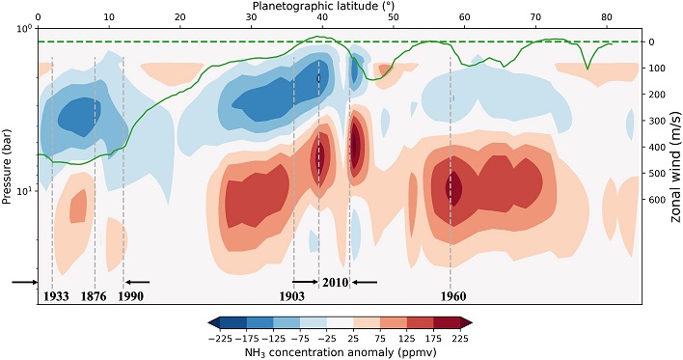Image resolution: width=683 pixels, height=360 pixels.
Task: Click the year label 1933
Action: pyautogui.click(x=56, y=296)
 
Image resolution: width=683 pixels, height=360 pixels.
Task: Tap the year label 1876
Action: pyautogui.click(x=94, y=296)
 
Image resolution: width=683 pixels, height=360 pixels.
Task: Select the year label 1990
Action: pyautogui.click(x=129, y=296)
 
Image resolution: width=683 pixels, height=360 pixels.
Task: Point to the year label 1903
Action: pyautogui.click(x=293, y=296)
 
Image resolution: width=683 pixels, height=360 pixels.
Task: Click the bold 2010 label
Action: pyautogui.click(x=335, y=282)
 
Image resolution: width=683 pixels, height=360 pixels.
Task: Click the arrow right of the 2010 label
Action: pyautogui.click(x=364, y=282)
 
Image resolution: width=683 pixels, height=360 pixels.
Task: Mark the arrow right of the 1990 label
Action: pyautogui.click(x=137, y=282)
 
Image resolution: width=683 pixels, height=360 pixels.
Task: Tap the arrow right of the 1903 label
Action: pyautogui.click(x=305, y=282)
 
